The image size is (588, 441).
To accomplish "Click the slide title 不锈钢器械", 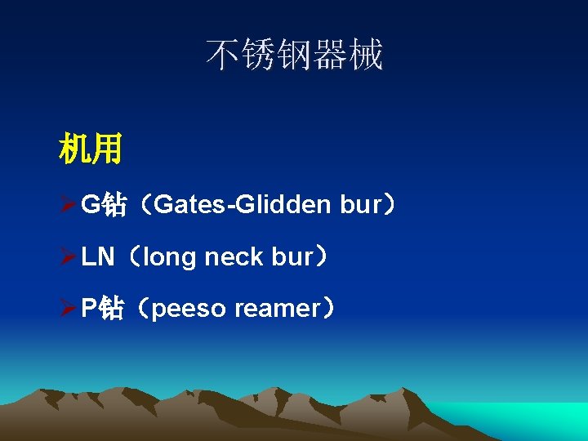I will [x=294, y=56].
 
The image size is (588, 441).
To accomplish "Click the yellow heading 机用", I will [x=90, y=149].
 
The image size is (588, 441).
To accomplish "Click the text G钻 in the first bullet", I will [x=104, y=204].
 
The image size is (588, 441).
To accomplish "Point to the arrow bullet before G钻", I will [x=68, y=204].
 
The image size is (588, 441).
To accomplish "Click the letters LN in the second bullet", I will [x=98, y=257].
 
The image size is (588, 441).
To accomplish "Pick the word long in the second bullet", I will [x=169, y=257].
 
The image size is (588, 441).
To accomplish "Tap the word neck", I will [x=234, y=257].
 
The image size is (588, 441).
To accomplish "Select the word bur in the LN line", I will [x=292, y=257].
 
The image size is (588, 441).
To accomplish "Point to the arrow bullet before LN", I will [x=68, y=257].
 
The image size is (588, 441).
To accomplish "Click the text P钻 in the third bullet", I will [x=102, y=309].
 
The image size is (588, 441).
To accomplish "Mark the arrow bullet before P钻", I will [x=68, y=309].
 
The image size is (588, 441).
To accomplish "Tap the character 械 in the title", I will [x=367, y=56].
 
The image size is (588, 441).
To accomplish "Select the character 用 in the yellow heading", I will [x=107, y=149].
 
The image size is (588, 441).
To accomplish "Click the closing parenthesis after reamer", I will [x=329, y=309].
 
